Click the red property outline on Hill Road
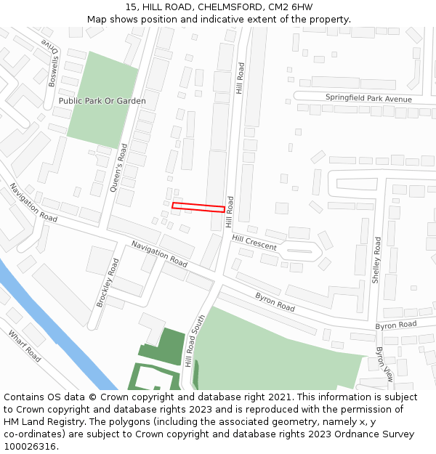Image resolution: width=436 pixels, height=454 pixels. (198, 208)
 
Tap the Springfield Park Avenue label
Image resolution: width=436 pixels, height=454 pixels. (368, 99)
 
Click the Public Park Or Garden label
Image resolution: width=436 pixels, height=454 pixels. (102, 101)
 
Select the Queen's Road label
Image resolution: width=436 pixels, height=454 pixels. (118, 167)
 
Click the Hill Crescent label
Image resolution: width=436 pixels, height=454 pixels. (254, 243)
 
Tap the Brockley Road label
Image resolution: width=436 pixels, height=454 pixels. (108, 283)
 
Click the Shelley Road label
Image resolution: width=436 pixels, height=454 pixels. (376, 260)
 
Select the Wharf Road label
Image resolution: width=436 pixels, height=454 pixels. (25, 346)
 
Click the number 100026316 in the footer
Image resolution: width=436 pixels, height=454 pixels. (30, 446)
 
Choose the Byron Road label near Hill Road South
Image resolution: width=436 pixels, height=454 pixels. (275, 302)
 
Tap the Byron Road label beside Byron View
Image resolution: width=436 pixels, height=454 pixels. (396, 325)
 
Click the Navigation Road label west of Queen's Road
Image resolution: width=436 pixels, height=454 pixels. (33, 203)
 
